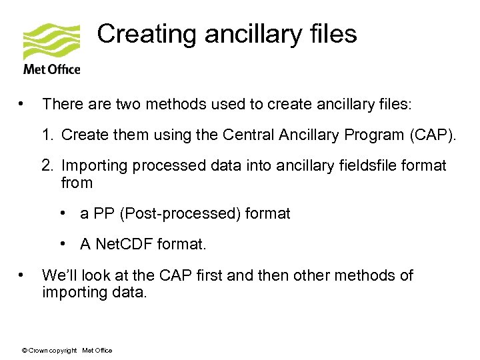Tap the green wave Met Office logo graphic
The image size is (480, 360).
click(x=51, y=41)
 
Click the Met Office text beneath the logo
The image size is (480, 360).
click(x=51, y=69)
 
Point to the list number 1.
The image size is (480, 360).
click(x=46, y=135)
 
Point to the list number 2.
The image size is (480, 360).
click(x=46, y=165)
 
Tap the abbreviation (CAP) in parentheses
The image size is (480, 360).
click(x=434, y=135)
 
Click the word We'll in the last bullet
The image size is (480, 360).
click(x=59, y=275)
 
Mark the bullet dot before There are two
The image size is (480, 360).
click(x=23, y=104)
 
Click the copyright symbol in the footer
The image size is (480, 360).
click(x=25, y=351)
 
